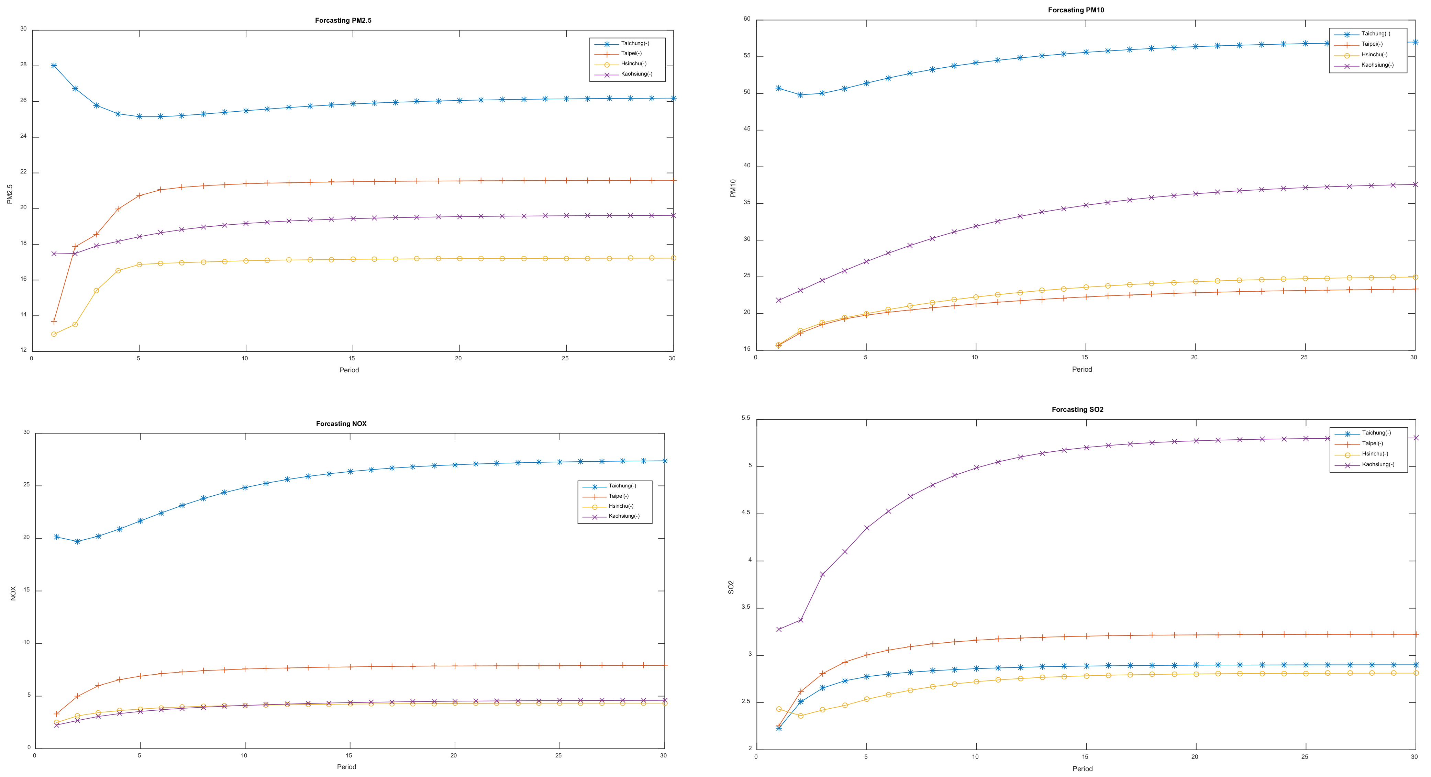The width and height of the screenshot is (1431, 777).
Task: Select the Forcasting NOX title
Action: click(341, 424)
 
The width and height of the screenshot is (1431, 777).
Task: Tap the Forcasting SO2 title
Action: click(1077, 409)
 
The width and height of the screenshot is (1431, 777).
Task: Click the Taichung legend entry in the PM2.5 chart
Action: click(634, 43)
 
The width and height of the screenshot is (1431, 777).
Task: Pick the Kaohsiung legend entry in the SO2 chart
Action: click(1378, 464)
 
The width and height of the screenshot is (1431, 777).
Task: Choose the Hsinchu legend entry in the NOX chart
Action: click(621, 506)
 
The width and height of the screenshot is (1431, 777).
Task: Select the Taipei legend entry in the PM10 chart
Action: click(1372, 44)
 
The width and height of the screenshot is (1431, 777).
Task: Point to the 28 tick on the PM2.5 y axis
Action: click(23, 65)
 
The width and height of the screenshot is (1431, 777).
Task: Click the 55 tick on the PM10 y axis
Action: click(747, 56)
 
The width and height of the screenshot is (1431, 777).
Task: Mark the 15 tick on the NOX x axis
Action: click(349, 755)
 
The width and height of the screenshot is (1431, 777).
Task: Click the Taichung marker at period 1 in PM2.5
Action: click(54, 66)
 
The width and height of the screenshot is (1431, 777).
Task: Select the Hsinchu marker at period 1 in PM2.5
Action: click(54, 334)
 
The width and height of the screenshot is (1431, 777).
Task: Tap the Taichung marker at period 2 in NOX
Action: click(77, 541)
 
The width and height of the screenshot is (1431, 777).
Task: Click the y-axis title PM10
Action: click(733, 188)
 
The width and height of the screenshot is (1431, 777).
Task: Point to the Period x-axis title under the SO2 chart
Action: click(1082, 769)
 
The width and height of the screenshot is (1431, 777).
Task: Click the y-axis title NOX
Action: click(13, 593)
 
